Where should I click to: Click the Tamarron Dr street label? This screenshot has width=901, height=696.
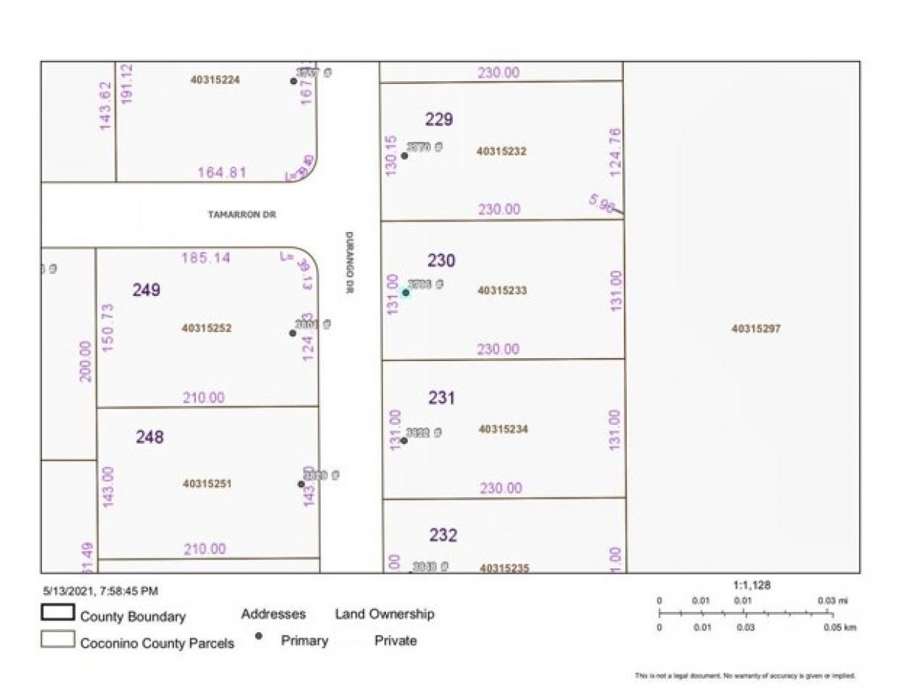243,215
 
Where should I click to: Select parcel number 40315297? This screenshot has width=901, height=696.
755,328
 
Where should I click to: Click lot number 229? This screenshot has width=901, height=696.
439,119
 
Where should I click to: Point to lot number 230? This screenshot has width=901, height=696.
441,261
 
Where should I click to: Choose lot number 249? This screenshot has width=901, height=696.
146,290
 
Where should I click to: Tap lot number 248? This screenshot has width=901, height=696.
149,437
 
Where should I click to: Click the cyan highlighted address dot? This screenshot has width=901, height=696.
405,293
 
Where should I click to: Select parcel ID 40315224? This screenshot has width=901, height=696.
215,80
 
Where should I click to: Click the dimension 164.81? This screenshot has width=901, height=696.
222,172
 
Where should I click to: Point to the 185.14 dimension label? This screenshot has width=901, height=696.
206,258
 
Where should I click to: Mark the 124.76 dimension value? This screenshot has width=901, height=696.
616,152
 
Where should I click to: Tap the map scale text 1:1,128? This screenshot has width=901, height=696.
752,585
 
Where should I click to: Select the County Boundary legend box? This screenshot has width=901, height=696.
58,613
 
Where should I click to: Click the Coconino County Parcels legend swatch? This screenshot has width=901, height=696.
58,640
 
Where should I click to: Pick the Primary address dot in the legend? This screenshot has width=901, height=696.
259,637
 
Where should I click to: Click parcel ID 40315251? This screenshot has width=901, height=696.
207,484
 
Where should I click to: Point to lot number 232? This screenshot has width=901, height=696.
443,535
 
